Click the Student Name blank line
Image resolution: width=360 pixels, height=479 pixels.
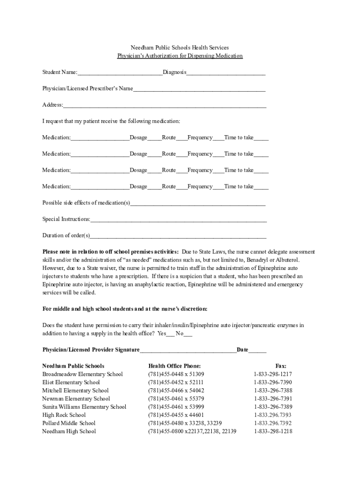(120, 73)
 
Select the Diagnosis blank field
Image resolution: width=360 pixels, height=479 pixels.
(226, 73)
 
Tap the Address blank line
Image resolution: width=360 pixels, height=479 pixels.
(165, 106)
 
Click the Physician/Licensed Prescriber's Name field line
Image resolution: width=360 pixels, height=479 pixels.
(199, 90)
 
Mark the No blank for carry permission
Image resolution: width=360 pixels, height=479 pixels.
(188, 335)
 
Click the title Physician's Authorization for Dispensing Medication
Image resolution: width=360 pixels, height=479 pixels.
(180, 56)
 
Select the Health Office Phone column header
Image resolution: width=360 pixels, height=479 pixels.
(174, 366)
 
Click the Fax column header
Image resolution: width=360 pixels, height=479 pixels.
(281, 366)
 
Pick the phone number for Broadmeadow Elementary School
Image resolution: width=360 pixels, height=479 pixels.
(176, 374)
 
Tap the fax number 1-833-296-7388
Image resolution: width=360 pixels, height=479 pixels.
(273, 391)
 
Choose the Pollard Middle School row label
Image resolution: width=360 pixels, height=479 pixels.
(69, 423)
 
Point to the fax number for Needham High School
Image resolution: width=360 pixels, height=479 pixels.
(273, 431)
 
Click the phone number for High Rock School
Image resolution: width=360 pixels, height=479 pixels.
(176, 415)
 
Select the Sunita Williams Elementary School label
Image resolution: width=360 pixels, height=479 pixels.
(84, 407)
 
